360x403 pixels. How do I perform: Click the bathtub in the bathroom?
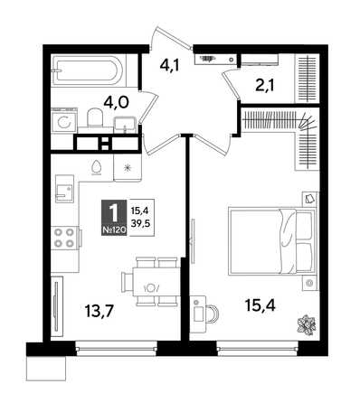88,70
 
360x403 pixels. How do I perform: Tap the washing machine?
64,120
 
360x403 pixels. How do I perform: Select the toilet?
95,117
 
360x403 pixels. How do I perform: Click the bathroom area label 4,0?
116,102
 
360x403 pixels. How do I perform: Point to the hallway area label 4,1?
170,65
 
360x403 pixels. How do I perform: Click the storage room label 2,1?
264,86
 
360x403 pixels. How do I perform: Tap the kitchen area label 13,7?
99,311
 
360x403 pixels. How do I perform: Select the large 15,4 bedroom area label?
261,305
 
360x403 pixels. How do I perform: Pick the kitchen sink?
64,189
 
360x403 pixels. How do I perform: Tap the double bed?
271,240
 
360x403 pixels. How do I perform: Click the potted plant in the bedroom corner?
307,324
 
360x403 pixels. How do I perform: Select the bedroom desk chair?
213,314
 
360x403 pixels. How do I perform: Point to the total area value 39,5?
141,223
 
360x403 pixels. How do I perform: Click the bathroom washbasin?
125,125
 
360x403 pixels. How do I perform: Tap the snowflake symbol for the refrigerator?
128,167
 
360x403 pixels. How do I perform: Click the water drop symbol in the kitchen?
97,167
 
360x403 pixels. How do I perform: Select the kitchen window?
116,348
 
